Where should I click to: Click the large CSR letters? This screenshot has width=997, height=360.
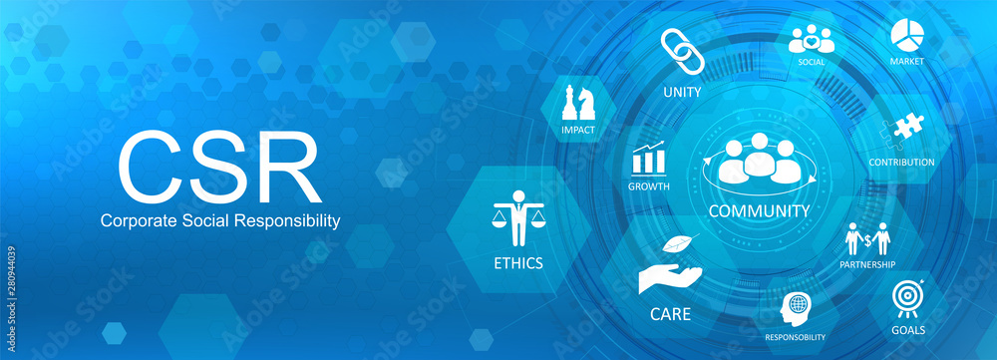[219, 165]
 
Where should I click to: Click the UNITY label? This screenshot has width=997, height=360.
[682, 93]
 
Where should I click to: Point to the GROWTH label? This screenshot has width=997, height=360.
[649, 187]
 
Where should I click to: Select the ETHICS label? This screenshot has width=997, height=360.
[517, 264]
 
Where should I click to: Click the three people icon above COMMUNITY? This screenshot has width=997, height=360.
[758, 160]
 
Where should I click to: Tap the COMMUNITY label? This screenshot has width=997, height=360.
[758, 211]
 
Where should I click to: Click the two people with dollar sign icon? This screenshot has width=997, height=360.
[866, 238]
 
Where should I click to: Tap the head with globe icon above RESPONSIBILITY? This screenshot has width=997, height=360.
[796, 306]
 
